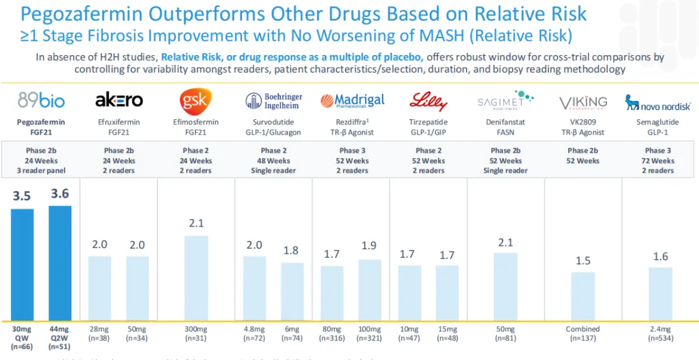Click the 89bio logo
coord(42,100)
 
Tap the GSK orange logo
coord(195,101)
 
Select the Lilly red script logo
coord(428,101)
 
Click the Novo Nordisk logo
coord(659,102)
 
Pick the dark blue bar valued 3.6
coord(61,262)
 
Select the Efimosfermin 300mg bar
coord(196,278)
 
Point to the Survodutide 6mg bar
coord(292,291)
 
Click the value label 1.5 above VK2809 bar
coord(582,260)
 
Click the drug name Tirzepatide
coord(428,122)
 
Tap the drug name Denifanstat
coord(505,122)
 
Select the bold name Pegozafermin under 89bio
coord(41,122)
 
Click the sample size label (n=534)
coord(660,338)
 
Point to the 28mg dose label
coord(100,329)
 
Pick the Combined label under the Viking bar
coord(582,329)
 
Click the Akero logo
coord(119,100)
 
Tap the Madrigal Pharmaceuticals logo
coord(352,100)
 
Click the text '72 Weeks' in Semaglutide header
coord(660,161)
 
